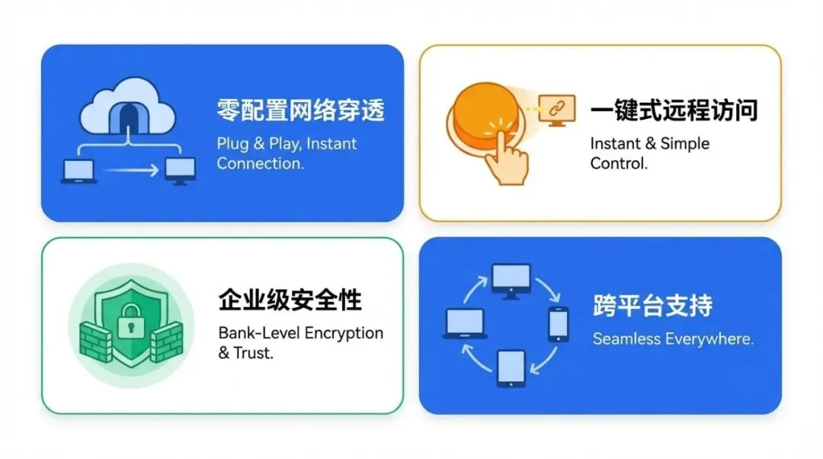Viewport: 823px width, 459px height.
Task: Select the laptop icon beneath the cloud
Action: tap(78, 172)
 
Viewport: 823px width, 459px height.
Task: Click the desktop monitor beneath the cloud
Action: tap(180, 171)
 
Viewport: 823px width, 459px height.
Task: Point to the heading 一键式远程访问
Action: tap(674, 111)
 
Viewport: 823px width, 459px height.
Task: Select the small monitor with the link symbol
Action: tap(556, 109)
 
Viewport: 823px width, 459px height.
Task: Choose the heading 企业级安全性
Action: tap(290, 300)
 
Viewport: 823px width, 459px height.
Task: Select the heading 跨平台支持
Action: tap(652, 306)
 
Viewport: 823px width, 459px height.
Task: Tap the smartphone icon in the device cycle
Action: tap(559, 323)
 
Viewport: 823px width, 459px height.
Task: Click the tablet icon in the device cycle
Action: tap(511, 368)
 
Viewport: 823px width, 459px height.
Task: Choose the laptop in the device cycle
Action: tap(464, 323)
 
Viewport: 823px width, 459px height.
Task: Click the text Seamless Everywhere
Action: tap(673, 339)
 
